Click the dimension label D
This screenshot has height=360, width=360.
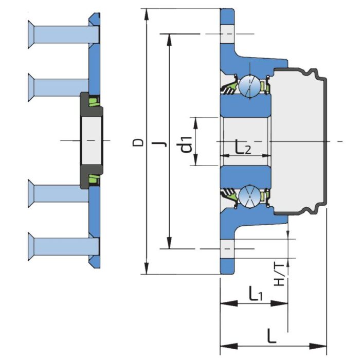click(138, 142)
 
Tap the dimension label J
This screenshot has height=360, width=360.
click(163, 144)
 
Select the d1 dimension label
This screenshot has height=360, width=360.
click(186, 145)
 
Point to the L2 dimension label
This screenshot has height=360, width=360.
click(243, 148)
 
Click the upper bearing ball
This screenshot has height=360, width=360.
click(250, 86)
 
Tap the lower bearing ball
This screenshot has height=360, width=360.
click(250, 197)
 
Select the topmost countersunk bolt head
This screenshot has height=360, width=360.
click(31, 34)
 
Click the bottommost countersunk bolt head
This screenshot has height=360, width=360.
click(31, 247)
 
